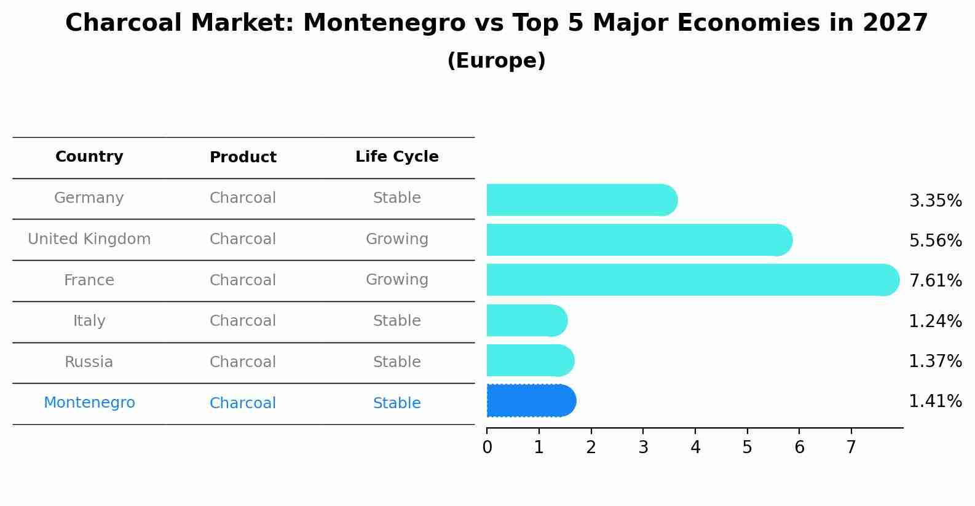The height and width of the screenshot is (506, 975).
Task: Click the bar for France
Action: pos(692,280)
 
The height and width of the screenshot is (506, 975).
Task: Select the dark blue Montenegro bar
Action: pos(531,401)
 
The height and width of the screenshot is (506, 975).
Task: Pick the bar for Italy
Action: pos(526,320)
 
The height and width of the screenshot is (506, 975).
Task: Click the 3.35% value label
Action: pos(935,201)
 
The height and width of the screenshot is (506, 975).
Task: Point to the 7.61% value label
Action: pos(935,281)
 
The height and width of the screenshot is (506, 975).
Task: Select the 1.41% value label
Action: pos(935,401)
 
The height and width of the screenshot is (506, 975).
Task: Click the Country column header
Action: pos(89,157)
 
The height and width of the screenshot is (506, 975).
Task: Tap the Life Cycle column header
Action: pos(397,157)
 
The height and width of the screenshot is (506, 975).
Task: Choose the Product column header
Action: pos(243,157)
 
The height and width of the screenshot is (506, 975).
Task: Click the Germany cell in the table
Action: pos(89,198)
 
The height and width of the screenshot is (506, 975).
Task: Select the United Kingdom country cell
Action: pos(89,239)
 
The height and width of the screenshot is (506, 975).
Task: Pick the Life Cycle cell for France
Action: pos(397,280)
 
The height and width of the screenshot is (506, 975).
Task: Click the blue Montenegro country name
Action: pos(89,403)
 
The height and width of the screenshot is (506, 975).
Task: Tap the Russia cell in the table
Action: pos(89,362)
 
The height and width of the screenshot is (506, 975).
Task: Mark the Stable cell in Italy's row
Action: pos(397,321)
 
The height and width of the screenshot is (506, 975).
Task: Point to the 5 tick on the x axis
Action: pos(747,448)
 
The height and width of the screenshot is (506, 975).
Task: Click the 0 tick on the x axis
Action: pos(487,448)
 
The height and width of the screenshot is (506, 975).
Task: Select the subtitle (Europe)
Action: pos(496,61)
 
